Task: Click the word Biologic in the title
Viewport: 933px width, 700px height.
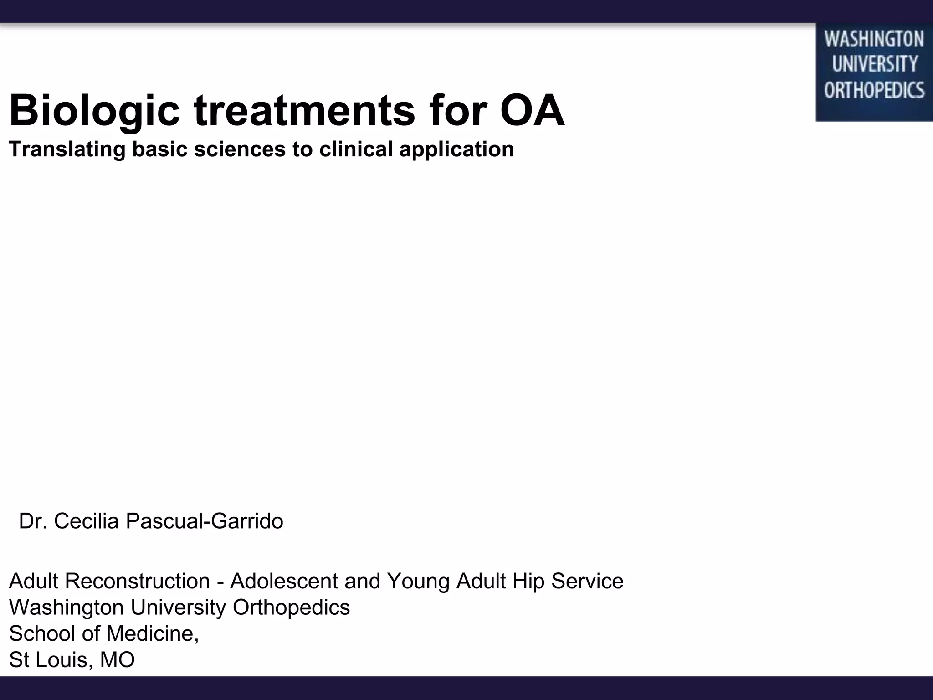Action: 95,111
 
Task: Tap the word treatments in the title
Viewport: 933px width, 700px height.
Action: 304,111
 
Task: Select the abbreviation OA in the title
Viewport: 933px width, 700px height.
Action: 532,111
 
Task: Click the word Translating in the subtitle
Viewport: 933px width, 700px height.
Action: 67,149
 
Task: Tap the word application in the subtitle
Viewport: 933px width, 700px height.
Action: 456,149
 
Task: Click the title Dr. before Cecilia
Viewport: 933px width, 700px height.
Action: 33,521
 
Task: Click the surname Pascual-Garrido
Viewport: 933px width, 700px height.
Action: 204,521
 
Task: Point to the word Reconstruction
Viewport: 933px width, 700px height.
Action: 137,581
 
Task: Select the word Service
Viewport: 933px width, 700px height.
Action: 587,581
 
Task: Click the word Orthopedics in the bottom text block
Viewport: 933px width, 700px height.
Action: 291,607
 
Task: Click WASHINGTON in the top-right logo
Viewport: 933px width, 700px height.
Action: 874,39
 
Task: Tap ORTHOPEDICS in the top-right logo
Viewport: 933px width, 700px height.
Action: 874,90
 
